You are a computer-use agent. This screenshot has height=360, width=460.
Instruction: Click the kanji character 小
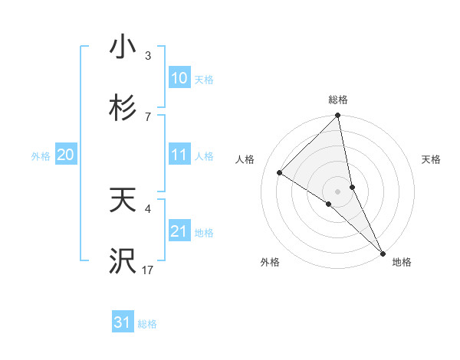pyautogui.click(x=123, y=47)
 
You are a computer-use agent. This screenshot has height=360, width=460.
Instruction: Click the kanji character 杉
pyautogui.click(x=123, y=109)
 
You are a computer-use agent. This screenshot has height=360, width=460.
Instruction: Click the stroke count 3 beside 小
pyautogui.click(x=148, y=56)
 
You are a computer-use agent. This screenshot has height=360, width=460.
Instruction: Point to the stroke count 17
pyautogui.click(x=148, y=270)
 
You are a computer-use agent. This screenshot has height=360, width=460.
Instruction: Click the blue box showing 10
pyautogui.click(x=179, y=78)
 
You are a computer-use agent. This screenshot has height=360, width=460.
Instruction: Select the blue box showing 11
pyautogui.click(x=179, y=155)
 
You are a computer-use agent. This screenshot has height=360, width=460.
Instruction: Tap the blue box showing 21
pyautogui.click(x=179, y=231)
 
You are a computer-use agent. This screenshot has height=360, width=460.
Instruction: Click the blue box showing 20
pyautogui.click(x=66, y=155)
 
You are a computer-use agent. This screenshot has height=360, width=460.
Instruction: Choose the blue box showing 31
pyautogui.click(x=123, y=322)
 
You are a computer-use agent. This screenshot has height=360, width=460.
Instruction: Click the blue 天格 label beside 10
pyautogui.click(x=204, y=80)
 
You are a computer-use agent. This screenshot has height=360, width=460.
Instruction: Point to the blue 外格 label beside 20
pyautogui.click(x=41, y=156)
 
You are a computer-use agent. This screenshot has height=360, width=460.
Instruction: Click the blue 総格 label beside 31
pyautogui.click(x=147, y=324)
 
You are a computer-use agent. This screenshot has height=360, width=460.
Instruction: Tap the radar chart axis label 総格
pyautogui.click(x=338, y=100)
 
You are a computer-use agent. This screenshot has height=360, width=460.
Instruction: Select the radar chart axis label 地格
pyautogui.click(x=402, y=262)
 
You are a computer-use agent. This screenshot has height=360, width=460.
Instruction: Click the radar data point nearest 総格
pyautogui.click(x=338, y=116)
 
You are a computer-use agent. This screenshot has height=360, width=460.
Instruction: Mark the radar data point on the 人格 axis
pyautogui.click(x=280, y=173)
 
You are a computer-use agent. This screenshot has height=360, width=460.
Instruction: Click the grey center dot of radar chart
pyautogui.click(x=338, y=191)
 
